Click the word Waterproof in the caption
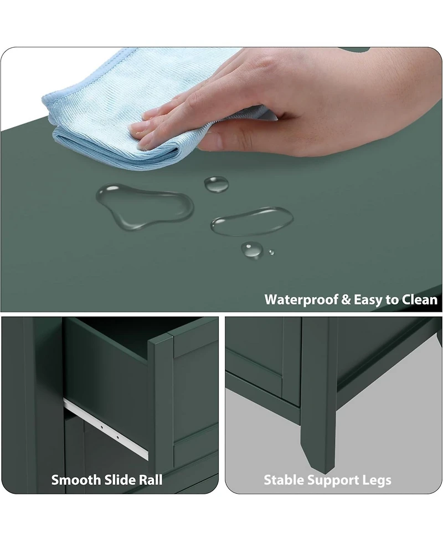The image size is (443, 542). [301, 300]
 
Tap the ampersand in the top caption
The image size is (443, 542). [346, 300]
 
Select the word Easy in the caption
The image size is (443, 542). [368, 300]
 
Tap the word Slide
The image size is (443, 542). [120, 480]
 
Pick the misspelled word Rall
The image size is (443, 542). [151, 480]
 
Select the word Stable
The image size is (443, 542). [284, 480]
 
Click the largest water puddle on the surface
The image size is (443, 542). [145, 204]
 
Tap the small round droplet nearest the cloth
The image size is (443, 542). [217, 184]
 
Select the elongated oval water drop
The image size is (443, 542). [252, 221]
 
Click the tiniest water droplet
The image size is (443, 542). [271, 252]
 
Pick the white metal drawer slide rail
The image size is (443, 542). [106, 429]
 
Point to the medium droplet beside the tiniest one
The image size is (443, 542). [252, 250]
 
